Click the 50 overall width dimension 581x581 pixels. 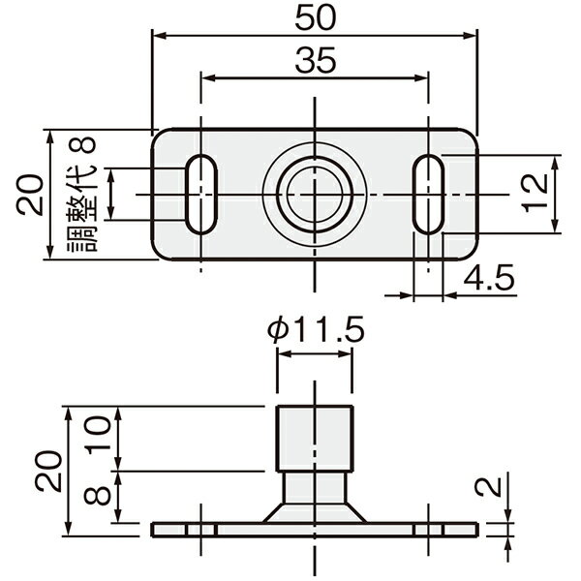coord(316,17)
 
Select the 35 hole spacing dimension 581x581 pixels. coord(316,60)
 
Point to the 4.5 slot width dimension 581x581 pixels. coord(489,277)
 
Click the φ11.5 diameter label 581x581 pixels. coord(316,330)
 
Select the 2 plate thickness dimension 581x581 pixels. coord(488,486)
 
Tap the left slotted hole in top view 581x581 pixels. coord(201,195)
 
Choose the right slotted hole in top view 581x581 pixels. coord(429,195)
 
